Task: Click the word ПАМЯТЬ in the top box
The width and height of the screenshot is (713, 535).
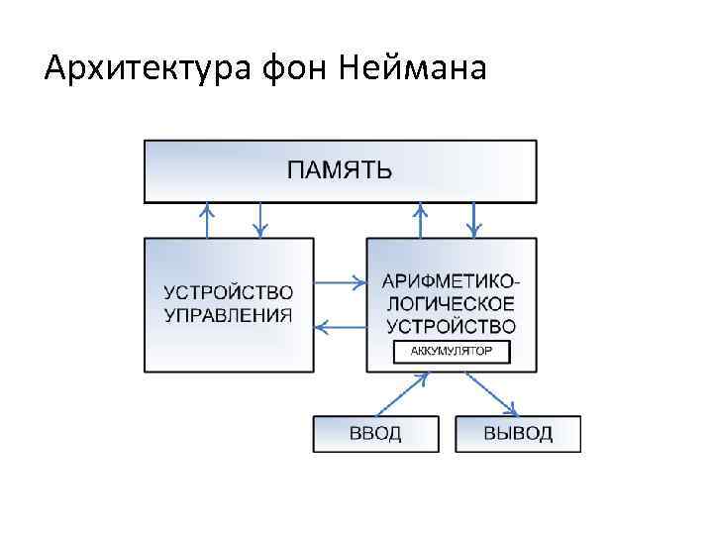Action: click(x=340, y=170)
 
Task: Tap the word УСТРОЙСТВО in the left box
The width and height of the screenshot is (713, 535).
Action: click(x=229, y=292)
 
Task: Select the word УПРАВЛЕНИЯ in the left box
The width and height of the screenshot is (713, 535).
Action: click(x=229, y=315)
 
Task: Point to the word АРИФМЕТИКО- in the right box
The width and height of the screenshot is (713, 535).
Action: click(x=451, y=280)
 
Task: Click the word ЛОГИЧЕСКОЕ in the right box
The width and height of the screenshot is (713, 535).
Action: click(x=451, y=302)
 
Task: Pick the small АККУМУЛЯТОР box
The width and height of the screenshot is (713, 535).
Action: click(x=451, y=352)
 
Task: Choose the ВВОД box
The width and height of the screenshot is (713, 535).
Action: click(x=375, y=434)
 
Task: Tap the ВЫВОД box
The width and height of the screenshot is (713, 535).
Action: click(x=518, y=434)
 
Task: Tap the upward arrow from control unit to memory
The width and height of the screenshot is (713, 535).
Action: click(x=207, y=220)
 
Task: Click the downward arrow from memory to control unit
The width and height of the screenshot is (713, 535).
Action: click(x=260, y=220)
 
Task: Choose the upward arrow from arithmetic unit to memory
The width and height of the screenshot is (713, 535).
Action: click(x=421, y=220)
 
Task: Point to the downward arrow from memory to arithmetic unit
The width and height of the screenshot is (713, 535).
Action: click(x=474, y=220)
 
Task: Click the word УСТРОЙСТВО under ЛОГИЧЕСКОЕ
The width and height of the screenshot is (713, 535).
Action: click(x=451, y=325)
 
